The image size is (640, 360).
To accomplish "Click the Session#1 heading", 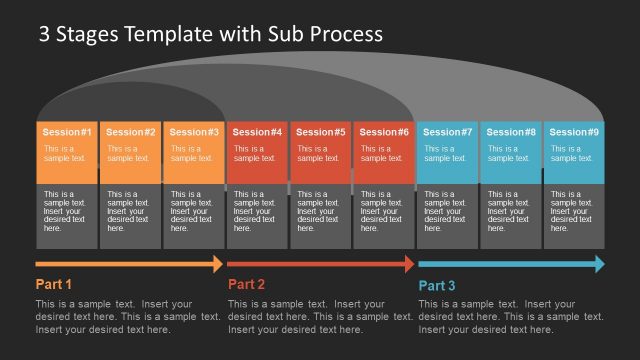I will (x=68, y=132).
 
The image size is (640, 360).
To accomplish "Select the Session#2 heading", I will (x=131, y=132).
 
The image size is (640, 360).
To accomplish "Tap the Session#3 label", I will (x=194, y=132).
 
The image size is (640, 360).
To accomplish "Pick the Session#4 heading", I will (x=258, y=132).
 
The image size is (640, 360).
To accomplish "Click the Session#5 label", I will (x=321, y=132).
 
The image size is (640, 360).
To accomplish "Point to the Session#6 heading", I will (x=384, y=132).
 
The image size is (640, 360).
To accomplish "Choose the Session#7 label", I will (x=448, y=132).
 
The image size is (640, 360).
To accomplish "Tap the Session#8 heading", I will (x=511, y=132).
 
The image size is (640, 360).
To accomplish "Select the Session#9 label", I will (x=574, y=132).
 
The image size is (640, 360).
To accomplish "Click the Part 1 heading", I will (x=54, y=284).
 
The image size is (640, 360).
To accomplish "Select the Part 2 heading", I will (x=246, y=284).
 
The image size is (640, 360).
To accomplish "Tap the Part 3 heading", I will (x=436, y=285).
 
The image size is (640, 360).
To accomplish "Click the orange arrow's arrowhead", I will (x=217, y=264).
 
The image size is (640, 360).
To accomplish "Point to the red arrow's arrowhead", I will (x=408, y=264).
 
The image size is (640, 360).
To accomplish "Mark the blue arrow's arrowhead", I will (x=598, y=264).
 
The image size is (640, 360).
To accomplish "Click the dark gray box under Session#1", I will (x=68, y=216).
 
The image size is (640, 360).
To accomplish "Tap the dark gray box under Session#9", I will (x=574, y=216).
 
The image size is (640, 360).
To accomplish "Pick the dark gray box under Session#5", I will (x=321, y=216).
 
